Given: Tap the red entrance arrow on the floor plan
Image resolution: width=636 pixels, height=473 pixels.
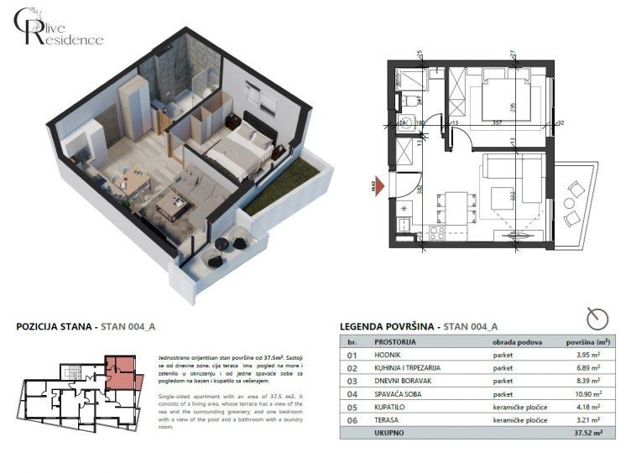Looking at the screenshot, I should [379, 185].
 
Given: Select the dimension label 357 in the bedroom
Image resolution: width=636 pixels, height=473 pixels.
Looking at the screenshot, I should [497, 122].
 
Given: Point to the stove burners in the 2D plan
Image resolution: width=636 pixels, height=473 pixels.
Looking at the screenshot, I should [436, 232].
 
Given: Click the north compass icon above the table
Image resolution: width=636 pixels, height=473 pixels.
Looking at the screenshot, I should [597, 318].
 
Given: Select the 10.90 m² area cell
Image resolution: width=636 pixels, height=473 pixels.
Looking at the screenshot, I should [584, 393].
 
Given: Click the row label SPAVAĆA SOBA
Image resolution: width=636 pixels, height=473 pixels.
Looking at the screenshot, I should [392, 393].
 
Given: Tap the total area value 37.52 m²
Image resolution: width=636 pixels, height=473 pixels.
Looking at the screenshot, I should [584, 433].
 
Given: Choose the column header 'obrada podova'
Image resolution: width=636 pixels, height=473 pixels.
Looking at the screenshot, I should [517, 341].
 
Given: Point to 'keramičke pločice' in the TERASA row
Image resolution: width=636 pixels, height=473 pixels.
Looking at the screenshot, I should [520, 419].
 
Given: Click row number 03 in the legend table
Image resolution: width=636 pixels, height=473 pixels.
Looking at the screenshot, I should [352, 381].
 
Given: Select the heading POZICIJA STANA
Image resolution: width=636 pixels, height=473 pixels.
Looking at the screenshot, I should [55, 327].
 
